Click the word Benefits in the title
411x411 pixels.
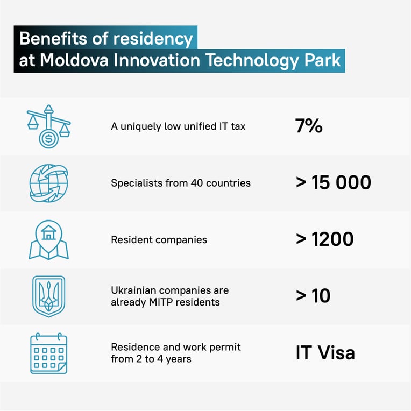coord(53,39)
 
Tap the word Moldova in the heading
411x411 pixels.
coord(74,60)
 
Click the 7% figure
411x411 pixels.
coord(309,125)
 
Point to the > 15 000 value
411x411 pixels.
coord(334,182)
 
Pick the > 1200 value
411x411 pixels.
coord(325,239)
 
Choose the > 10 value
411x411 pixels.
coord(313,296)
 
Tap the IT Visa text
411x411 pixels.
coord(325,352)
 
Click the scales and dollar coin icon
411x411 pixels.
coord(49,126)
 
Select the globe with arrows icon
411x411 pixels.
coord(49,183)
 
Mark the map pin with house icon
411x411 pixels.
coord(49,240)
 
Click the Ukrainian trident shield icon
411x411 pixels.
coord(49,296)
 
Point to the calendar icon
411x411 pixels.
coord(49,353)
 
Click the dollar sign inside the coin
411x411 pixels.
coord(49,138)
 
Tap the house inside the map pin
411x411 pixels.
coord(49,233)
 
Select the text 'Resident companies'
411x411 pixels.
coord(159,240)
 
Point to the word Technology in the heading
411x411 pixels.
coord(252,61)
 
